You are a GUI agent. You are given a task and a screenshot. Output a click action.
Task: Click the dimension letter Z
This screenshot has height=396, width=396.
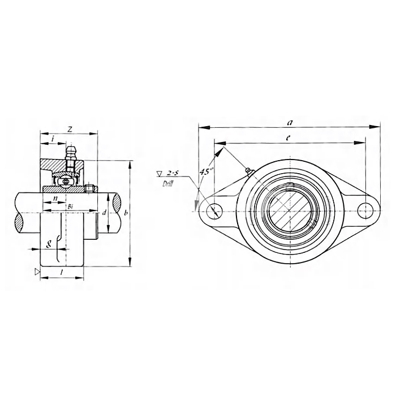70,130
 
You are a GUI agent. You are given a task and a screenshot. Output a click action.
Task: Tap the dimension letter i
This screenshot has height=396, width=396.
53,139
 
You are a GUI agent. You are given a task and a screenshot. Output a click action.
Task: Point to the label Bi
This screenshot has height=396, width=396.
71,206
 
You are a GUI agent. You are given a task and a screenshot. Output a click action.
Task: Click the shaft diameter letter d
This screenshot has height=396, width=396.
104,213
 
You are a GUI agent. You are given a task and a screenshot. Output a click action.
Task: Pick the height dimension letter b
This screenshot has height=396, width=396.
126,213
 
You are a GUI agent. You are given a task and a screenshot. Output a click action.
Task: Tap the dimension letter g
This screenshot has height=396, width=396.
49,243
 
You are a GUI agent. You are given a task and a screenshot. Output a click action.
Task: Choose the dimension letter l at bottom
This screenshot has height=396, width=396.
61,272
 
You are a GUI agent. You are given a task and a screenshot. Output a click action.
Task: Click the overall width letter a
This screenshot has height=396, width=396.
290,123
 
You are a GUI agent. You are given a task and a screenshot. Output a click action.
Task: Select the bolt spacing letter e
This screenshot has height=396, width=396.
288,137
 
